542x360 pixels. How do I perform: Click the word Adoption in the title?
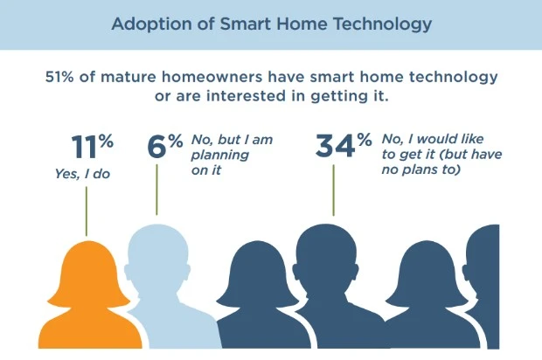coord(151,24)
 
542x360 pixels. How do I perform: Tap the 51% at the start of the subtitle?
coord(59,77)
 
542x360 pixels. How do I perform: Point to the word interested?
coord(247,96)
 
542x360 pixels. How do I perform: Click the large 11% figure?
coord(93,146)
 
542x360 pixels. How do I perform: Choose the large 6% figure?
coord(165,146)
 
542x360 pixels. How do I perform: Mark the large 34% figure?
coord(344,145)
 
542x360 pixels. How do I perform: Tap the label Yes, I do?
coord(83,174)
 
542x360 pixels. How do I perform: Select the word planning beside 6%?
coord(219,156)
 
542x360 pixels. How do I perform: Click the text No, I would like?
coord(433,139)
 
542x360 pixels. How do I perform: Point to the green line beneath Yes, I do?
coord(87,211)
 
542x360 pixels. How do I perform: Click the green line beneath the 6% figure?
coord(156,190)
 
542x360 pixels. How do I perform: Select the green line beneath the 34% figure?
coord(334,190)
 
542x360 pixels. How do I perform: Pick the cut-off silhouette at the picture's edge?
coord(483,287)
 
